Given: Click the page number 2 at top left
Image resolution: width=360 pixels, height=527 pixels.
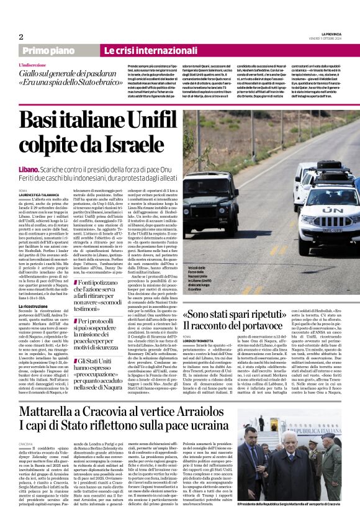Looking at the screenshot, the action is [21, 37].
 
